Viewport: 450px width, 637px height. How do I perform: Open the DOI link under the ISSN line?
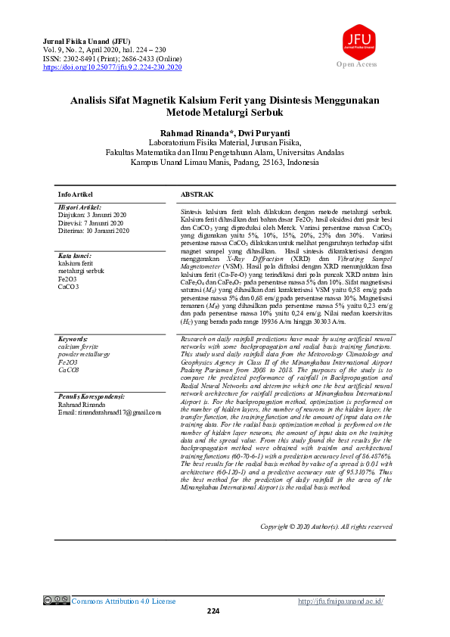click(x=113, y=67)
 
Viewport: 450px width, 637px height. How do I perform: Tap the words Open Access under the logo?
click(x=356, y=65)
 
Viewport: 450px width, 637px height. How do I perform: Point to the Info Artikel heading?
click(x=76, y=194)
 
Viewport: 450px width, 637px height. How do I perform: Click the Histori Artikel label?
click(x=80, y=207)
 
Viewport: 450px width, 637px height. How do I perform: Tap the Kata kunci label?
click(x=75, y=256)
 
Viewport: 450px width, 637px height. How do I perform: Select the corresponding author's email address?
click(x=110, y=412)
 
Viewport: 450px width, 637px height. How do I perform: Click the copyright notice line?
click(x=325, y=527)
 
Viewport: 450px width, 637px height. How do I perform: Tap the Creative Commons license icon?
click(x=57, y=601)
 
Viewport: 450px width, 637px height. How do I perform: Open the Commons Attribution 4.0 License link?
click(x=123, y=601)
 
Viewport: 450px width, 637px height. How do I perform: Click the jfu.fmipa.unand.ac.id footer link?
click(x=341, y=601)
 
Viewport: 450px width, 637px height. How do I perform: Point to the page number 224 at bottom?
click(x=213, y=611)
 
